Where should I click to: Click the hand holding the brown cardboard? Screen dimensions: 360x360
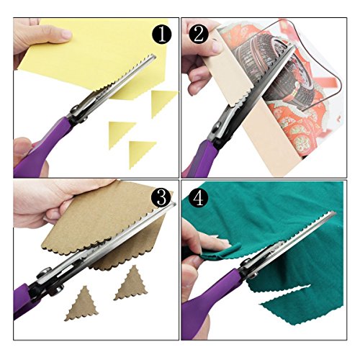coord(43,209)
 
